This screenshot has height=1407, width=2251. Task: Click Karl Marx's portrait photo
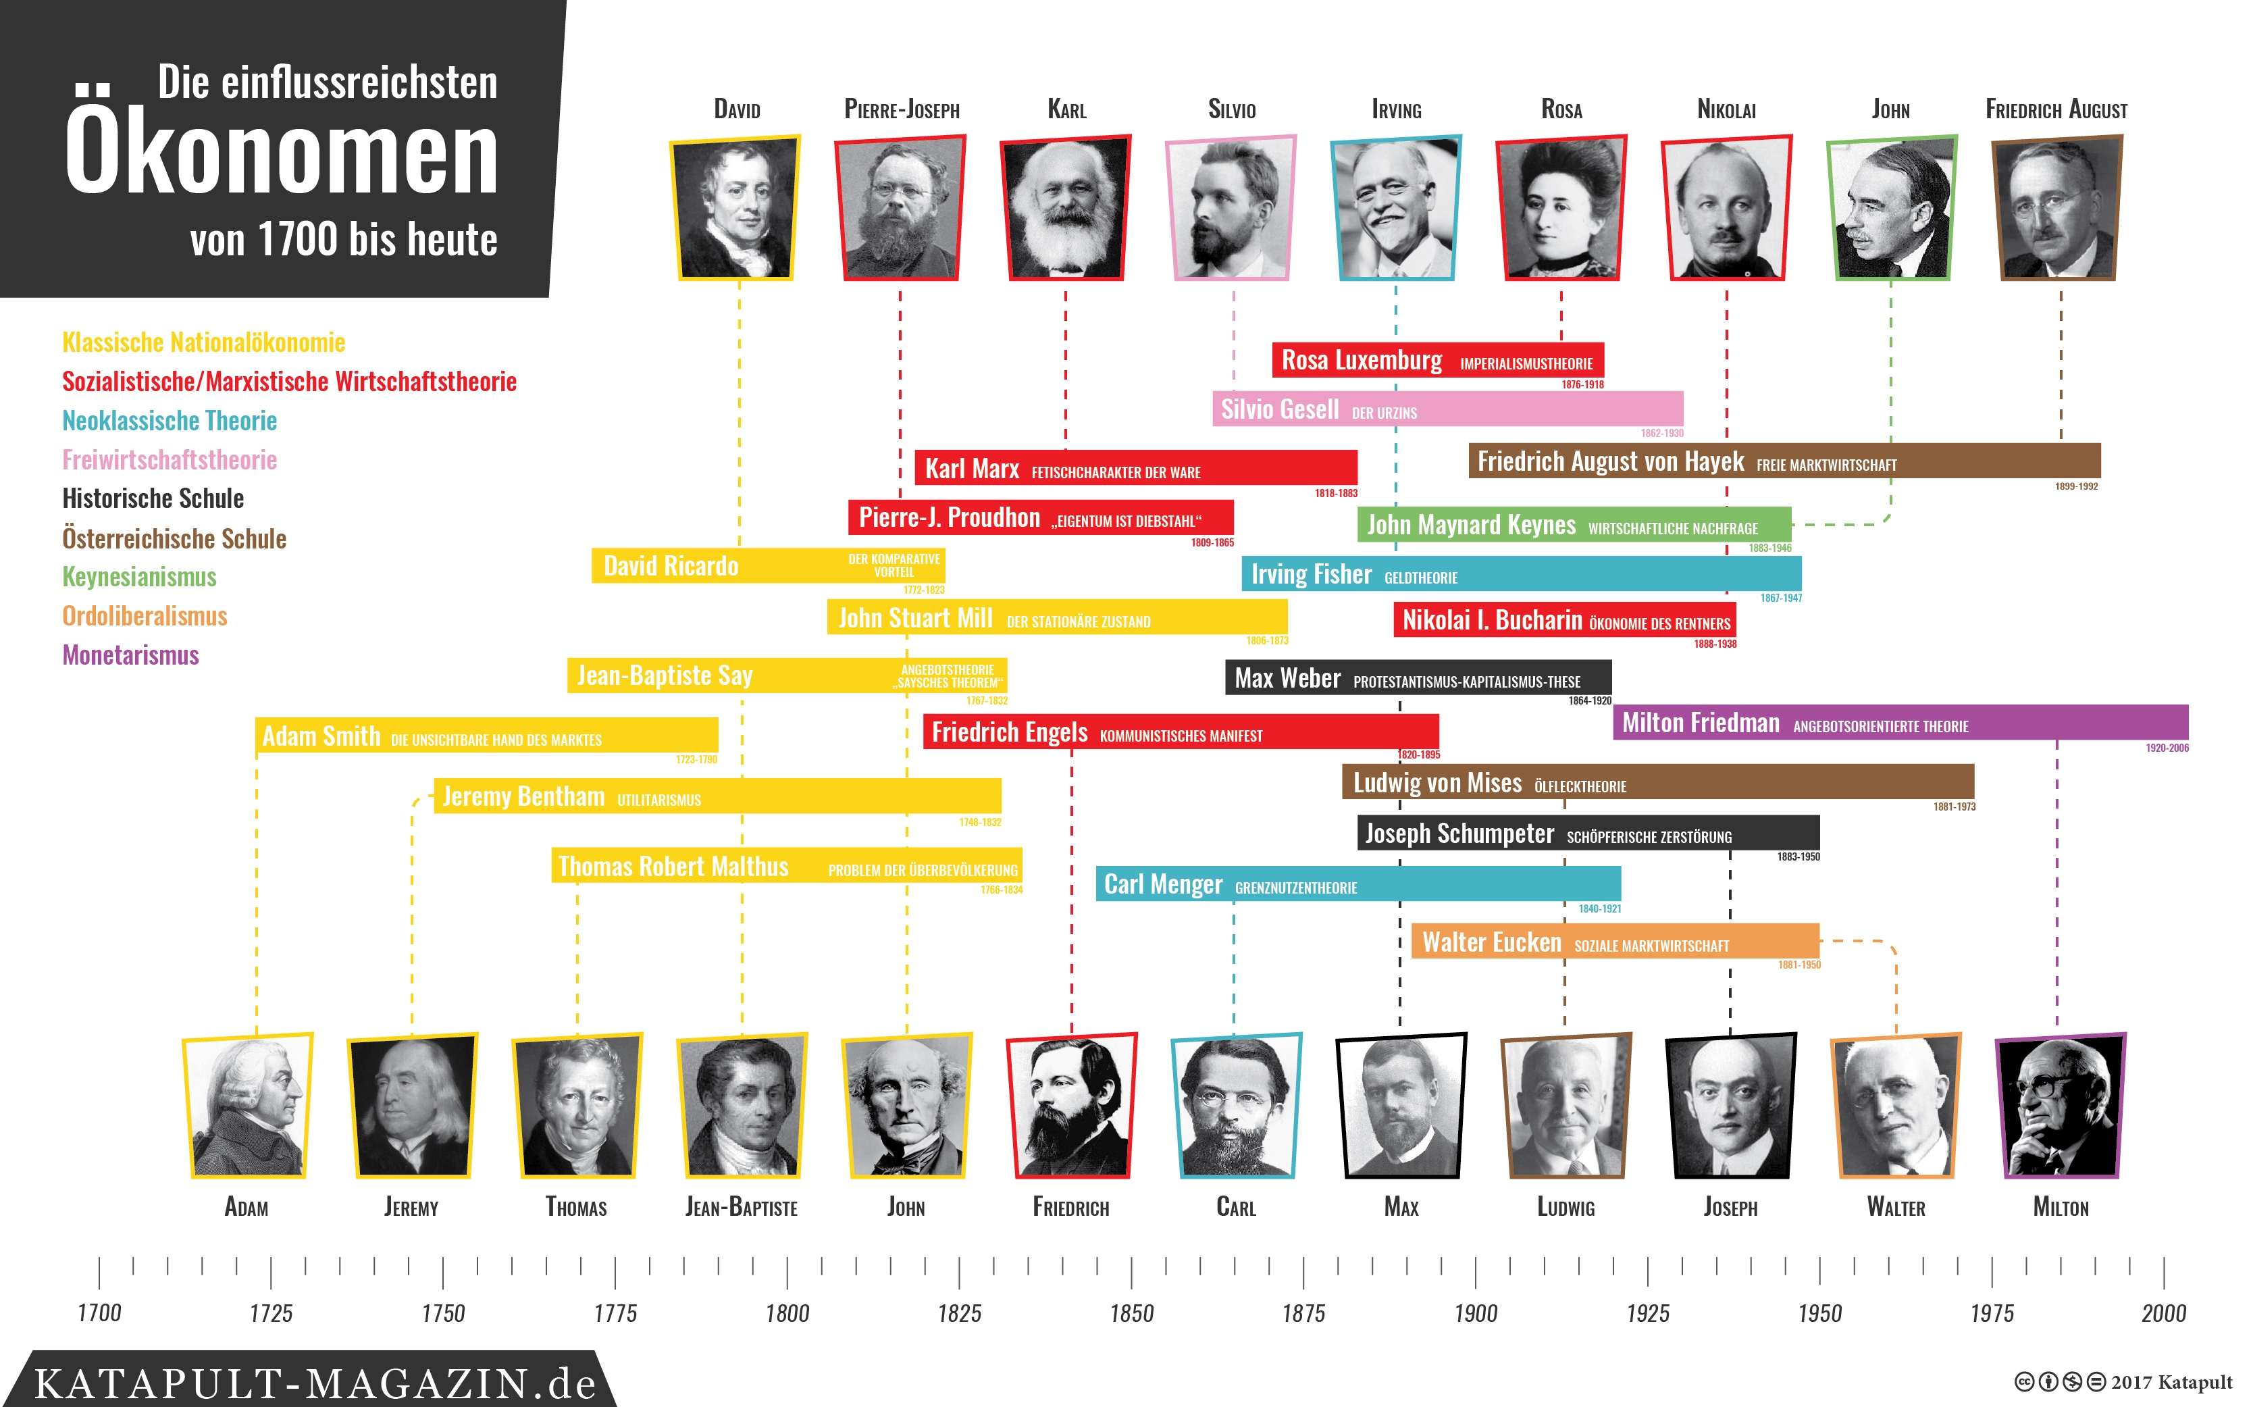coord(1065,207)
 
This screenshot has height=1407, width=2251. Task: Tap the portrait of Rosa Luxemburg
coord(1561,207)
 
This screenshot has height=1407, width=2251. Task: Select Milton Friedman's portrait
coord(2061,1106)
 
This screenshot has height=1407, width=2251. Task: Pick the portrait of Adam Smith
coord(247,1106)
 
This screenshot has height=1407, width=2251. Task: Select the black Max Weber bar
coord(1417,677)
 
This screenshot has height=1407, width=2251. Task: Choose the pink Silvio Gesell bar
coord(1447,409)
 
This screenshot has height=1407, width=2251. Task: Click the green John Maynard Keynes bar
coord(1573,525)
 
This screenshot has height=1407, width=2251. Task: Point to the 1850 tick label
coord(1131,1313)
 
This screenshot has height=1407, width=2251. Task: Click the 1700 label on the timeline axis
coord(99,1313)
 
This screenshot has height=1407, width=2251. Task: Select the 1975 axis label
coord(1992,1313)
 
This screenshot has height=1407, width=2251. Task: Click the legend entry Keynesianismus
coord(140,577)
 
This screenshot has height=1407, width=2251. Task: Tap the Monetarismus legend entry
coord(130,655)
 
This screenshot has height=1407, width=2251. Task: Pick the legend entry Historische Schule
coord(153,498)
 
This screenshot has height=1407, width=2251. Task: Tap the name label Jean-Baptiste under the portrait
coord(742,1208)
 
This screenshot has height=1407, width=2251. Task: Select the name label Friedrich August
coord(2056,110)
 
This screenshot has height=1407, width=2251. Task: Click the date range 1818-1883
coord(1336,493)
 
